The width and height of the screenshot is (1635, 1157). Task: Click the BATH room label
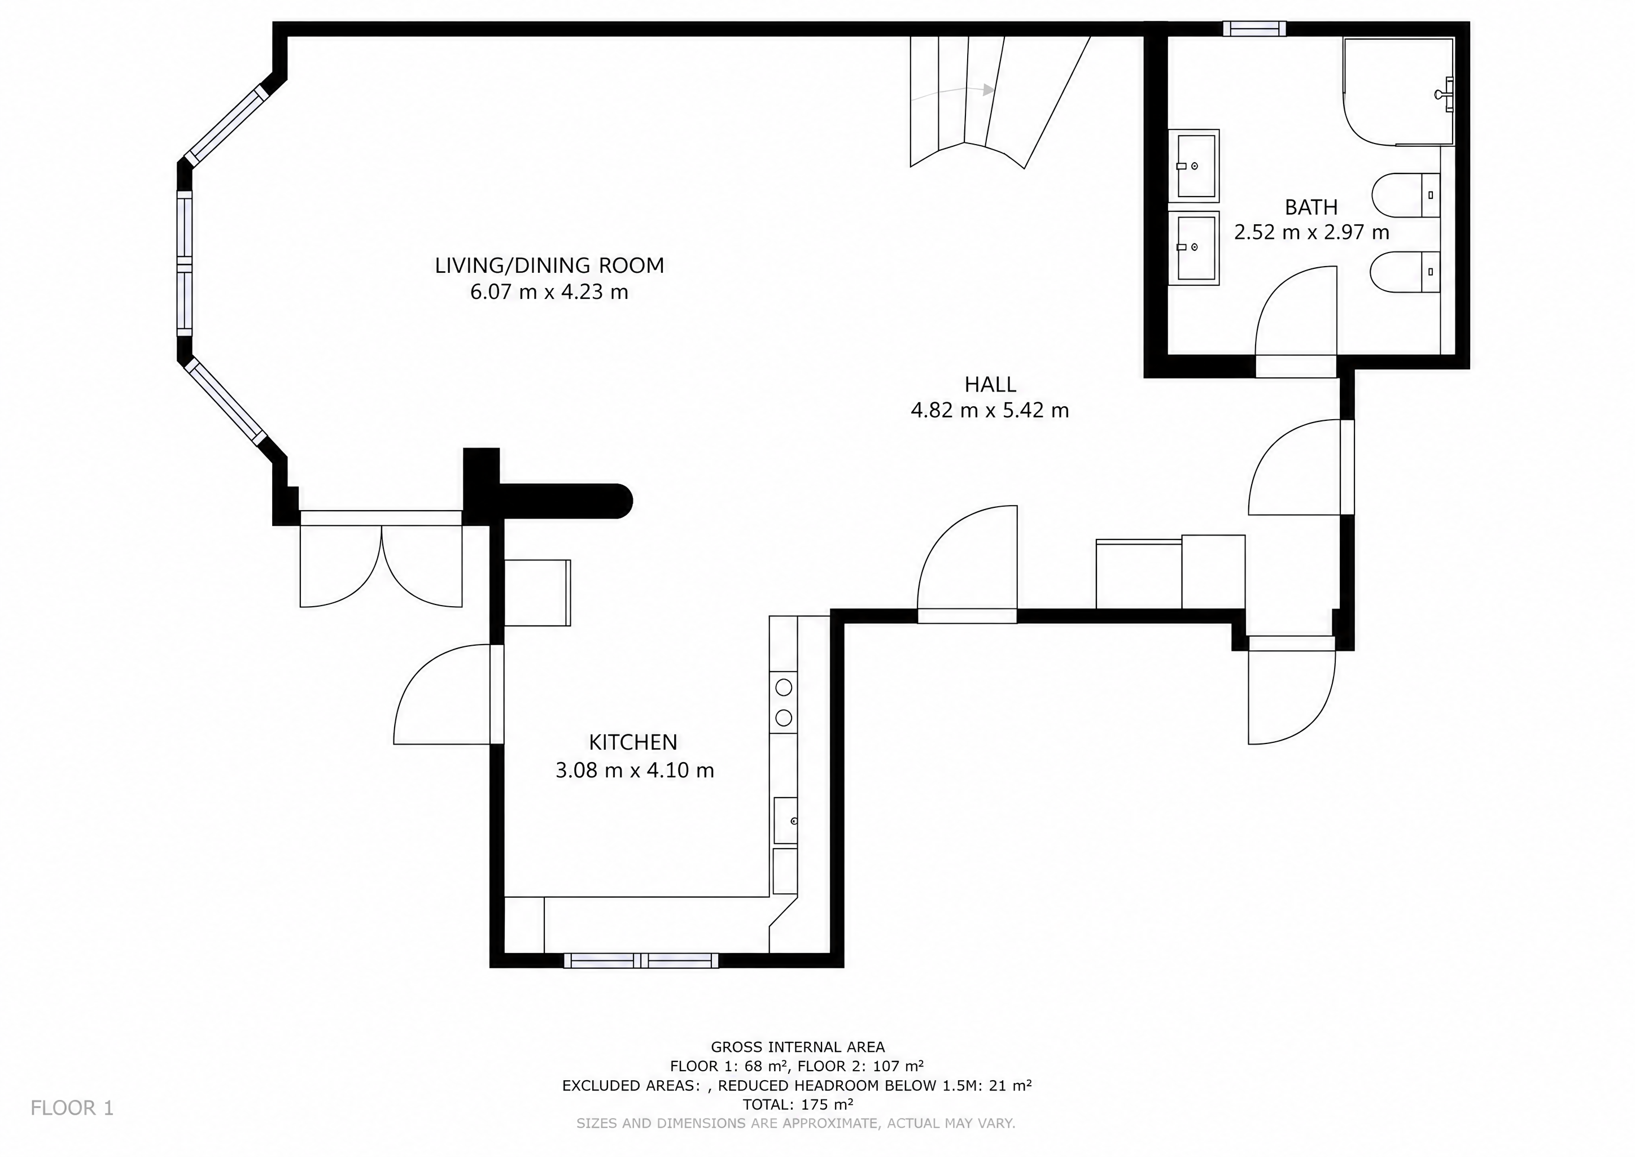[1311, 207]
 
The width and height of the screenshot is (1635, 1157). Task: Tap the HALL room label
[990, 385]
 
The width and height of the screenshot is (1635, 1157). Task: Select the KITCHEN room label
[633, 742]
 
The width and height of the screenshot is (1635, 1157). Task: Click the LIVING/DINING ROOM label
[549, 266]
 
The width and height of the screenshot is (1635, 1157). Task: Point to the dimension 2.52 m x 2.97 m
[1312, 232]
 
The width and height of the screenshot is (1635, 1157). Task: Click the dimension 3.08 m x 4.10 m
[635, 770]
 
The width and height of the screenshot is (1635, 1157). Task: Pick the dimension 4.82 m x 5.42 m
[990, 410]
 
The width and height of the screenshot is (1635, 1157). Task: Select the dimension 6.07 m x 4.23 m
[549, 292]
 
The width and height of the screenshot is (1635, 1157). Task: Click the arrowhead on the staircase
[989, 90]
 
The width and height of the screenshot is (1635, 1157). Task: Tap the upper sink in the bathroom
[1194, 166]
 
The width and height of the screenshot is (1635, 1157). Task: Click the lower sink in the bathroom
[1194, 248]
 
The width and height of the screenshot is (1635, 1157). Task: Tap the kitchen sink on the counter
[785, 821]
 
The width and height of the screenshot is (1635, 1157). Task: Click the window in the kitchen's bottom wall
[641, 960]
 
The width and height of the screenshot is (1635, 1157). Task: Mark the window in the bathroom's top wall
[1254, 28]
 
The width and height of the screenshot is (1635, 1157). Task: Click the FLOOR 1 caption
[72, 1108]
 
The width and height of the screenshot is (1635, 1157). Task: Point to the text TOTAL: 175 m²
[798, 1104]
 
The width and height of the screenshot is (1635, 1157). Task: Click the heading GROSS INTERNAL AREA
[798, 1047]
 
